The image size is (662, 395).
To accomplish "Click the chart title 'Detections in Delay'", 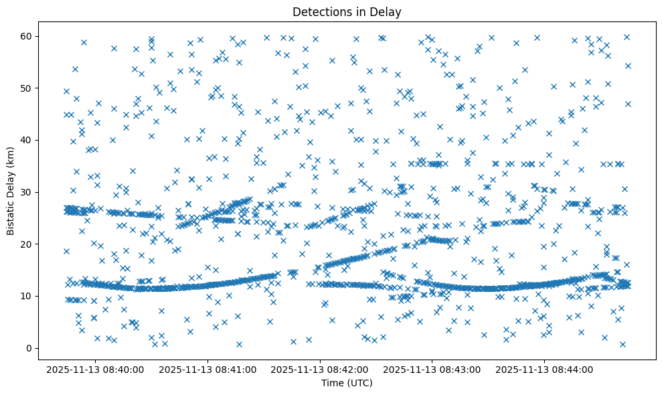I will click(x=347, y=11).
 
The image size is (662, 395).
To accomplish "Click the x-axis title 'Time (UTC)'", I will click(x=347, y=384).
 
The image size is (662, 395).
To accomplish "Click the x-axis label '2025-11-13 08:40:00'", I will click(x=96, y=369).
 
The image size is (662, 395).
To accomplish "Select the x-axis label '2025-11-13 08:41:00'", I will click(x=208, y=369).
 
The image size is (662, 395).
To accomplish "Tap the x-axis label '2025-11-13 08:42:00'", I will click(x=320, y=369).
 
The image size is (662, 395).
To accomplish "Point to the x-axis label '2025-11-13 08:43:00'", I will click(x=432, y=369).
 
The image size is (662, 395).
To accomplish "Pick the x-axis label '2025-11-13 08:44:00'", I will click(x=544, y=369).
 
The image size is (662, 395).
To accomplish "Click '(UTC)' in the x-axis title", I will click(x=359, y=384).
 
